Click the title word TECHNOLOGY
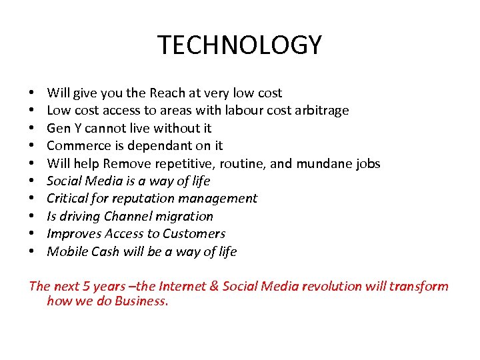239,45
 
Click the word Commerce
75,145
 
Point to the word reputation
143,199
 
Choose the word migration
185,216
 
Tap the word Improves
72,234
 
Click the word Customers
197,234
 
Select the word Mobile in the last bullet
66,251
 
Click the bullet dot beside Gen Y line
32,128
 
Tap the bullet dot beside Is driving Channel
32,217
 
